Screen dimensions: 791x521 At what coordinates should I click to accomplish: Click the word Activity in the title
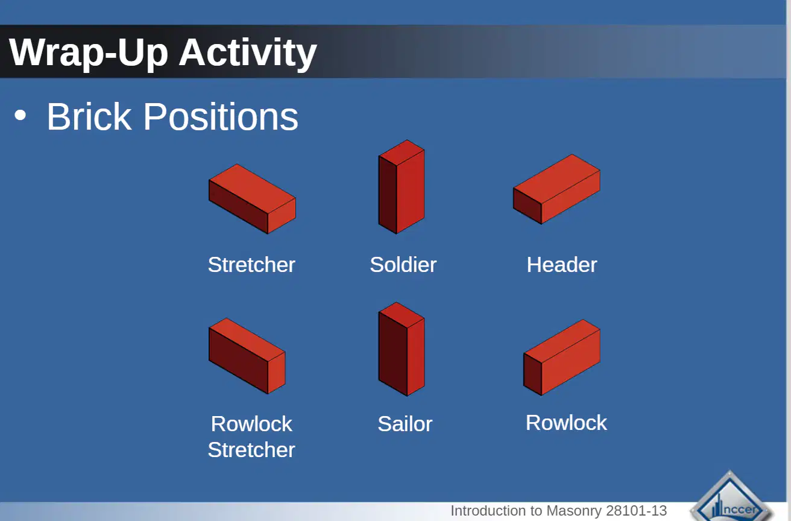[248, 54]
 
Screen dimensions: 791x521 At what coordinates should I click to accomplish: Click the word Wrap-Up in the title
[88, 54]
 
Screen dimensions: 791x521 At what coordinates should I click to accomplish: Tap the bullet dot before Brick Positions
[20, 116]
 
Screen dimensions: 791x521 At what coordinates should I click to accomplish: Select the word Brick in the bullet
[89, 116]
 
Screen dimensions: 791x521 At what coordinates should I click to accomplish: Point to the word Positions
[221, 116]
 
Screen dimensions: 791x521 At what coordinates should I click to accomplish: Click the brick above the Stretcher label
[252, 198]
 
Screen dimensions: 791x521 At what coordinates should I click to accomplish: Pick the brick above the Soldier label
[402, 186]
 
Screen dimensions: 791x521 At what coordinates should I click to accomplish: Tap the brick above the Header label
[556, 189]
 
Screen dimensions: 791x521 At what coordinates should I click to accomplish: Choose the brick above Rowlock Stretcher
[247, 356]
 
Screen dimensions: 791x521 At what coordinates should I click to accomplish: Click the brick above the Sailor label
[402, 349]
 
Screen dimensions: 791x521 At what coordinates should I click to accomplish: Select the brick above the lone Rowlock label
[562, 358]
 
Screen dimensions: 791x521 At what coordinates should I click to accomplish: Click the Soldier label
[403, 265]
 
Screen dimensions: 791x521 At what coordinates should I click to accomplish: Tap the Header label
[562, 265]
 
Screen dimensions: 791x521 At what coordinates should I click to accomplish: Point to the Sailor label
[405, 424]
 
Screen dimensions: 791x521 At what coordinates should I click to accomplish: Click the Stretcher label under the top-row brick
[251, 265]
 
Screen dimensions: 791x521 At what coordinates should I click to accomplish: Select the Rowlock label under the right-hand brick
[566, 423]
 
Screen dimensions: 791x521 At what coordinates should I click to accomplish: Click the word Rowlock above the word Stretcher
[251, 424]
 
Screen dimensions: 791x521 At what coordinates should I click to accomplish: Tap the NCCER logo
[731, 498]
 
